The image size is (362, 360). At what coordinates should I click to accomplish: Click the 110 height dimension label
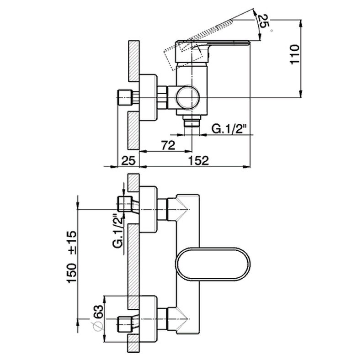(x=295, y=54)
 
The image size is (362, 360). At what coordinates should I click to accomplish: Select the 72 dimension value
(x=168, y=145)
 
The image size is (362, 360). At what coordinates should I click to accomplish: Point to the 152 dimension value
(x=199, y=161)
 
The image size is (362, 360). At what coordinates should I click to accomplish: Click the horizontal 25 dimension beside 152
(x=128, y=161)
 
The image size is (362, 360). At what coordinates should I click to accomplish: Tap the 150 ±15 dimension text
(x=71, y=257)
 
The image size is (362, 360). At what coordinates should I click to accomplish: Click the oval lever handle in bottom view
(x=213, y=264)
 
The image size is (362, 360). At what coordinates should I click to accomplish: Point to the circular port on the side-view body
(x=188, y=98)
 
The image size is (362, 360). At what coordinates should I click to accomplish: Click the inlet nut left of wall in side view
(x=125, y=98)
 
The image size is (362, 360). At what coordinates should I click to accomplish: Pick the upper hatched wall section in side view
(x=133, y=61)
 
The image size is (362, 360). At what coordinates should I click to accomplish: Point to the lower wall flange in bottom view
(x=149, y=319)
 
